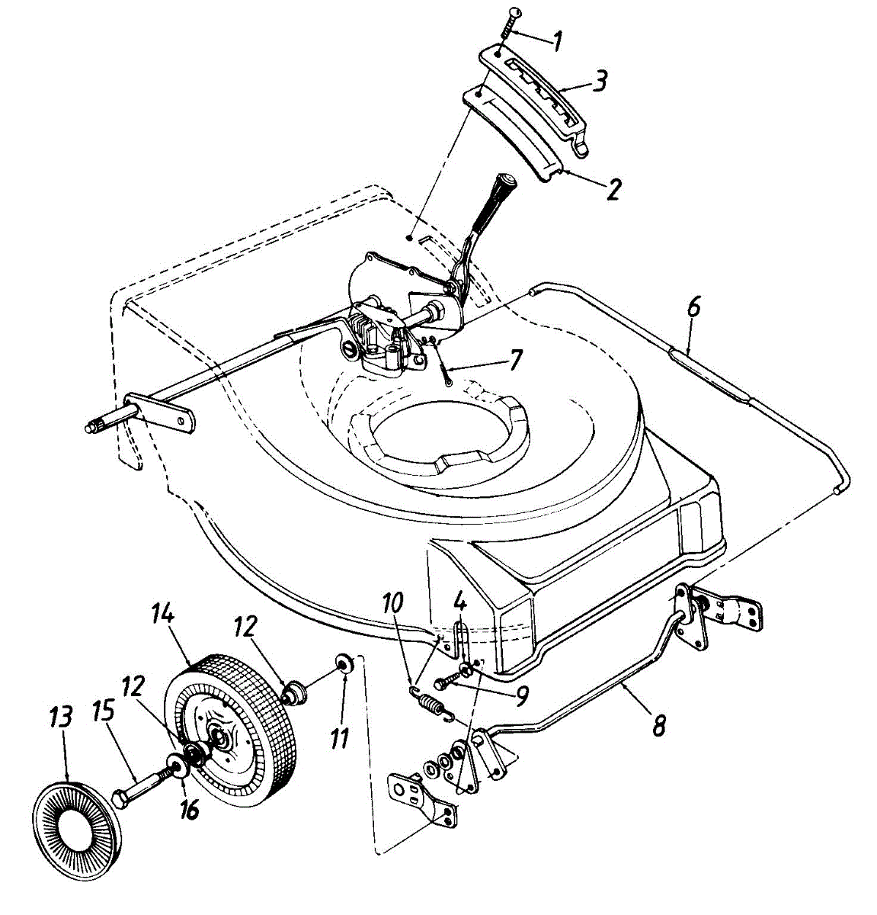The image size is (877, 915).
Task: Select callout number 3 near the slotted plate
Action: click(601, 81)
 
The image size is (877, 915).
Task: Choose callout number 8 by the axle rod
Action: click(658, 723)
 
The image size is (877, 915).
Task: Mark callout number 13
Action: click(61, 720)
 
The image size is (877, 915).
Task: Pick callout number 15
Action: click(104, 712)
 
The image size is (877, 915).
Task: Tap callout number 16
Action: click(190, 807)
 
